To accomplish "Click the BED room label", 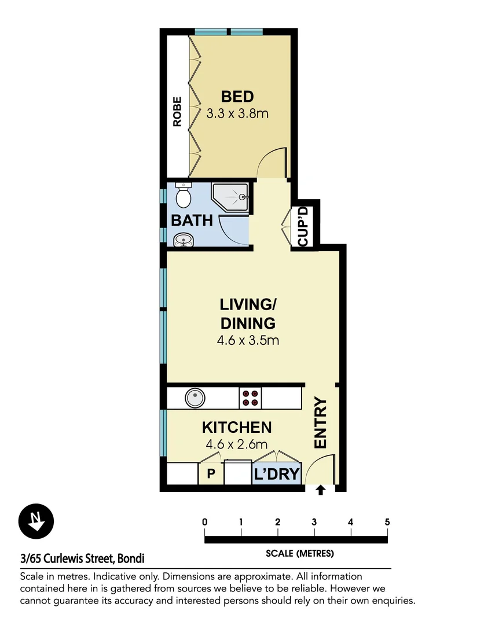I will pos(237,96).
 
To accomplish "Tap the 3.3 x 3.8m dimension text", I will pos(237,113).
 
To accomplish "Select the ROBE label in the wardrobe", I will pos(177,112).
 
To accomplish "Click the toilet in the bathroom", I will pos(183,196).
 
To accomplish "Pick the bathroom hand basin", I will pos(183,239).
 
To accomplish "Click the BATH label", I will pos(192,220).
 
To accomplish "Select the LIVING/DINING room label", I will pos(247,313).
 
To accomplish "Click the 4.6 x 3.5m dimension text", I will pos(248,340).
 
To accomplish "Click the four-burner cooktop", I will pos(251,398).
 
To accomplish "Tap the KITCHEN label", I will pos(237,428).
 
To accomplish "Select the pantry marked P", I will pos(211,475).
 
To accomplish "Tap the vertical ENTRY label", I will pos(320,423).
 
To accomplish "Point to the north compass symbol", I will pos(36,520).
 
